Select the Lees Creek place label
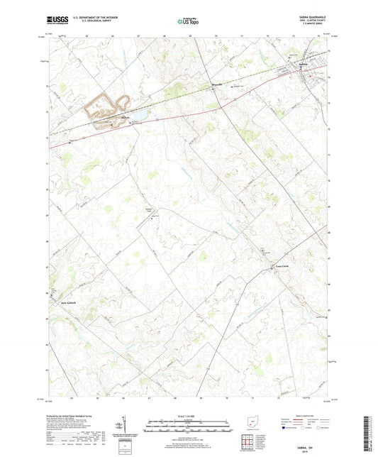click(282, 267)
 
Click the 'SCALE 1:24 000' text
click(189, 416)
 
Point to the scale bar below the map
click(189, 426)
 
